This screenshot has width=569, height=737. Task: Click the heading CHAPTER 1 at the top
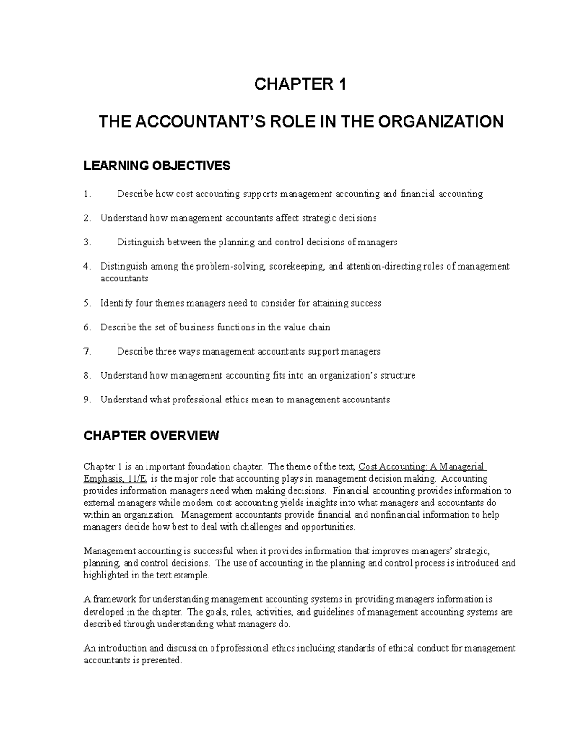tap(301, 85)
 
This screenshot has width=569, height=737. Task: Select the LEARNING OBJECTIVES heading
tap(157, 166)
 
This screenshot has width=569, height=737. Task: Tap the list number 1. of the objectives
tap(86, 194)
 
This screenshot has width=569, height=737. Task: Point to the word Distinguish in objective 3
tap(140, 243)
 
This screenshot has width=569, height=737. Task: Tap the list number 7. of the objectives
tap(86, 352)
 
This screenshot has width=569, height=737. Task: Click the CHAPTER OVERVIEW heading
tap(151, 436)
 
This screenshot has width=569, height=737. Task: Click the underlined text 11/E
tap(132, 479)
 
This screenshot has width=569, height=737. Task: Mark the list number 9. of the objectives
tap(86, 400)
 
